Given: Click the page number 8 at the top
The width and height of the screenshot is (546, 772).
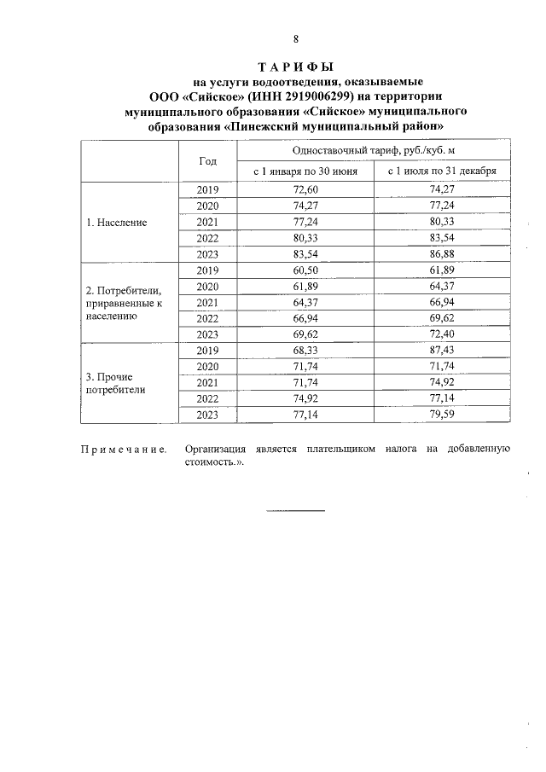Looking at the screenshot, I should point(295,39).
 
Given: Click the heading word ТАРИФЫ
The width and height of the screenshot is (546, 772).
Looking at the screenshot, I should point(295,67).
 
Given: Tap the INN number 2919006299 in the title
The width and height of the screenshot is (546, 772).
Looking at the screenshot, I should point(290,96).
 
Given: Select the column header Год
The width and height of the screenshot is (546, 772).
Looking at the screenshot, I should point(207,160).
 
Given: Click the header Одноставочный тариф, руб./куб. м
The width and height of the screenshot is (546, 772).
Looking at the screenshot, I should point(373,149).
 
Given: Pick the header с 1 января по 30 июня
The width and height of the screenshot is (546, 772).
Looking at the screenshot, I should point(305,171).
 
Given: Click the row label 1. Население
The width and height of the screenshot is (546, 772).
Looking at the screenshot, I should point(117,222).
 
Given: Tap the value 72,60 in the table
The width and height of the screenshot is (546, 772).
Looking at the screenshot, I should point(305,189).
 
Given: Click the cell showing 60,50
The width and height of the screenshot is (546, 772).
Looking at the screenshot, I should point(305,270).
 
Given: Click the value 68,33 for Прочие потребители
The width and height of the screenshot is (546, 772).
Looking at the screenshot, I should point(305,351).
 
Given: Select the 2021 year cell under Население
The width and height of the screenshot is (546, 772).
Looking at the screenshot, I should point(207,222).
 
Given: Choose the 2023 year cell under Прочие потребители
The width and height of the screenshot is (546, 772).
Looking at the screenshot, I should point(207,415).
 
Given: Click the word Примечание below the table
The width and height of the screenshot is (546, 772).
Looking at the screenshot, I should point(123,449).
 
